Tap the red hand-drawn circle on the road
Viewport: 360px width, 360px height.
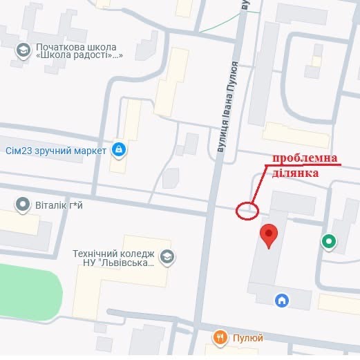tap(246, 210)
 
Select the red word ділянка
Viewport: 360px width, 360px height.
tap(295, 173)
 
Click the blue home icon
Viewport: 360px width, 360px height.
tap(281, 301)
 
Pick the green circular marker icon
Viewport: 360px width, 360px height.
tap(329, 241)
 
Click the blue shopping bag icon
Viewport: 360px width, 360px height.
tap(119, 149)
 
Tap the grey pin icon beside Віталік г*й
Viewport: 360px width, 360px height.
tap(23, 205)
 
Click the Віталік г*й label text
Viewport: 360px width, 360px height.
tap(63, 205)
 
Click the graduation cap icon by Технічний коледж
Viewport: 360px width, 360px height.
tap(167, 257)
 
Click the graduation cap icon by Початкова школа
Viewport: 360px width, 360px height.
tap(23, 50)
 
